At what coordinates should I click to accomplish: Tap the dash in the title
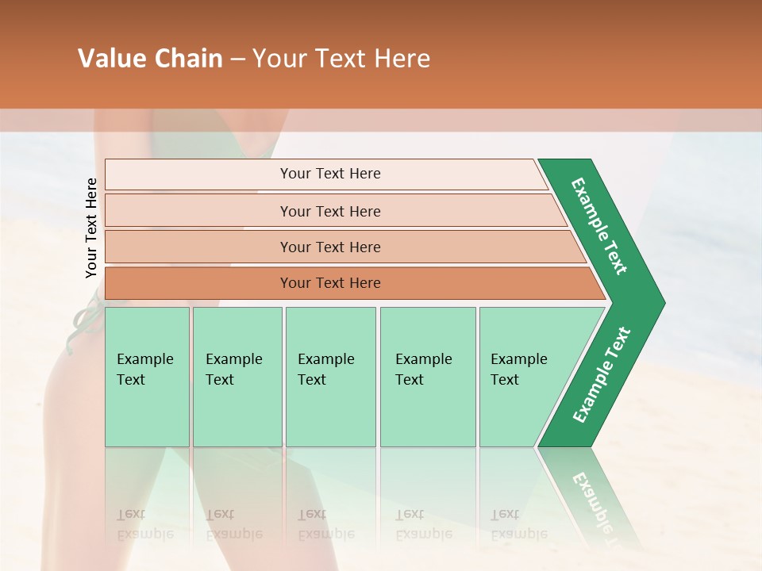pyautogui.click(x=237, y=59)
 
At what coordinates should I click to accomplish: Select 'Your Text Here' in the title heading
pyautogui.click(x=341, y=59)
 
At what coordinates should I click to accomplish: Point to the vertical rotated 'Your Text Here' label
pyautogui.click(x=91, y=228)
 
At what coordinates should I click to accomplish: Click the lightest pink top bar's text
pyautogui.click(x=330, y=174)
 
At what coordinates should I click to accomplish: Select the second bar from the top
pyautogui.click(x=330, y=211)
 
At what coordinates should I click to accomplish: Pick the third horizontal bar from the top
pyautogui.click(x=330, y=247)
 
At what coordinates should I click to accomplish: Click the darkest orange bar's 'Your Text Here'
pyautogui.click(x=330, y=283)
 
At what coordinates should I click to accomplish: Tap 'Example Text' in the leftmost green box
pyautogui.click(x=144, y=370)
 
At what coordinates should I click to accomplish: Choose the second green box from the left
pyautogui.click(x=237, y=377)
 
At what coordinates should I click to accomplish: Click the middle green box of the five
pyautogui.click(x=329, y=377)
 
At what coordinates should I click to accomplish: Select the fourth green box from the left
pyautogui.click(x=427, y=377)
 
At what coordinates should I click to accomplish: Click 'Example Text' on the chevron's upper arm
pyautogui.click(x=599, y=226)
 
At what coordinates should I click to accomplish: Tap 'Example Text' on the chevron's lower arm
pyautogui.click(x=601, y=375)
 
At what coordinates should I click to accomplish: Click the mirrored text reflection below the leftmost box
pyautogui.click(x=144, y=524)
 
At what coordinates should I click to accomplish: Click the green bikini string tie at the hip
pyautogui.click(x=86, y=317)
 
